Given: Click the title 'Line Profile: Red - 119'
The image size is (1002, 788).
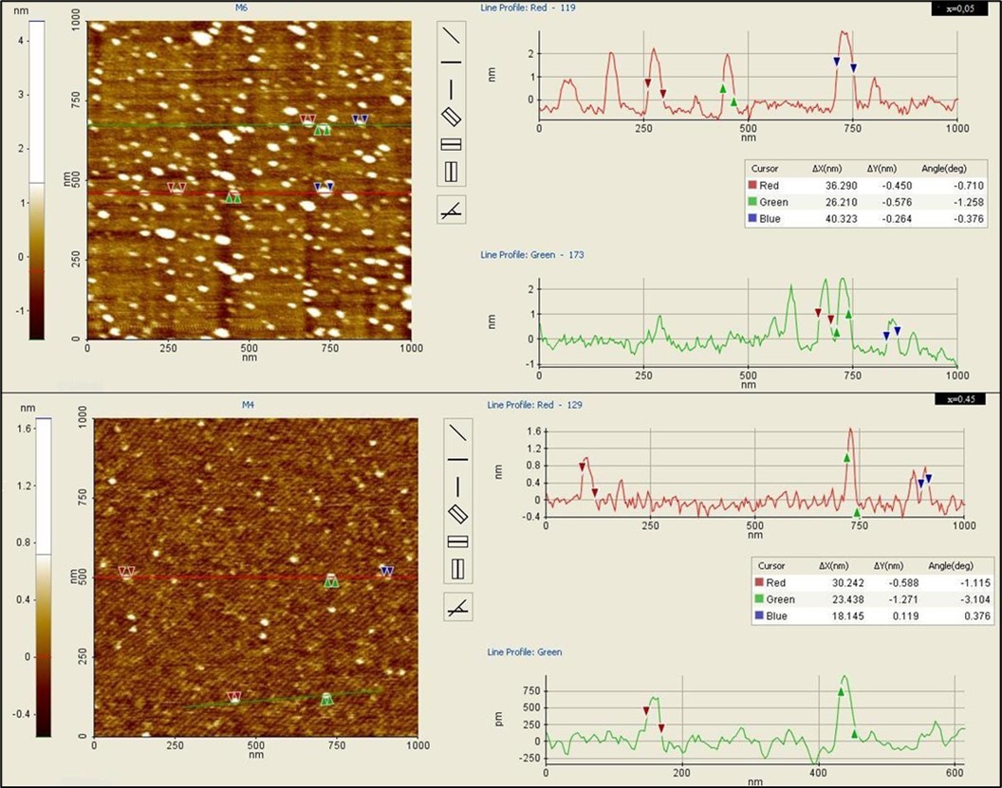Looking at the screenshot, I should tap(529, 8).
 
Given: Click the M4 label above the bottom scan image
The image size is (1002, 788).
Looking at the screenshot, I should tap(249, 405).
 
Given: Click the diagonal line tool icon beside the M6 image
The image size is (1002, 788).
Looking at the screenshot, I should tap(451, 35).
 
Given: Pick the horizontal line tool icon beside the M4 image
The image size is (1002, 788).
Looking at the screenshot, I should tap(458, 459).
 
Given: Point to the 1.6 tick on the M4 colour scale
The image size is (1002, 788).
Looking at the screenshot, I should tap(21, 429).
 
